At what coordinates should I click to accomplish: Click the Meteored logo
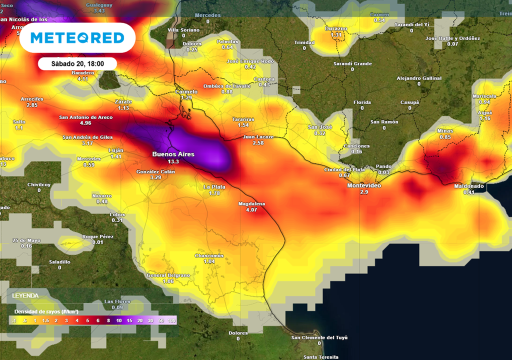pos(77,38)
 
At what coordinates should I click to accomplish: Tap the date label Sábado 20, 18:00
pos(77,63)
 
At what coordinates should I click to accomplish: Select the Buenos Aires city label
pos(173,154)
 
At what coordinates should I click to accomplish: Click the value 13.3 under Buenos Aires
pos(173,162)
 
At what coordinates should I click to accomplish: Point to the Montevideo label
pos(364,185)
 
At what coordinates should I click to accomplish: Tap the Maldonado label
pos(468,186)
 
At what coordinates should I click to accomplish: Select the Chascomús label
pos(209,255)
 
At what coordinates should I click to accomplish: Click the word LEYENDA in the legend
pos(25,295)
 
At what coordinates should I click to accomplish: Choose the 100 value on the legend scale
pos(171,320)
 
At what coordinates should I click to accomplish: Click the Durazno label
pos(336,28)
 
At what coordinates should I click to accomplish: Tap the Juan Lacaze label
pos(257,136)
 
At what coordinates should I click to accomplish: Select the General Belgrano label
pos(168,275)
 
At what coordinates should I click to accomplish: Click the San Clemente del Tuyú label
pos(319,337)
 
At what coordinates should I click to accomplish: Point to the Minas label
pos(445,130)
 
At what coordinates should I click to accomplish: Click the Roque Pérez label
pos(98,236)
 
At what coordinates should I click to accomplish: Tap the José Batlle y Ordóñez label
pos(452,38)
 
